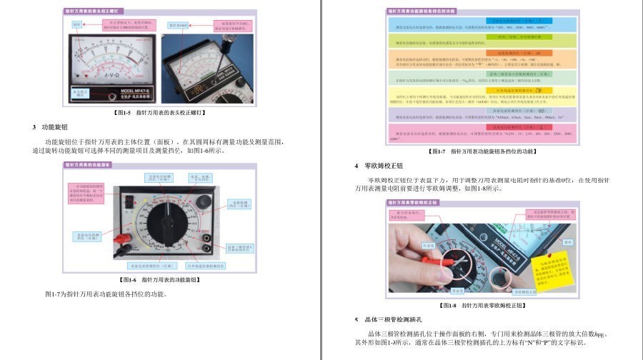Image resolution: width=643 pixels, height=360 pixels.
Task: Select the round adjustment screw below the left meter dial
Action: (x=111, y=96)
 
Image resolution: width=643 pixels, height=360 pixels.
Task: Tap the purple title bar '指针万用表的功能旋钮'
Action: (x=89, y=164)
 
